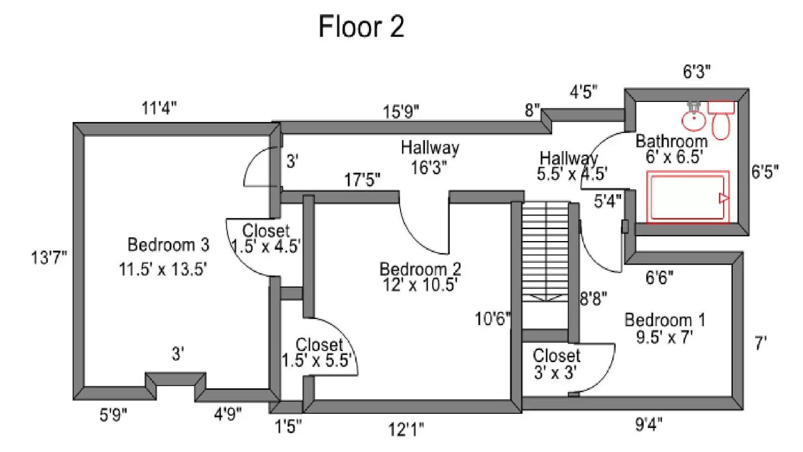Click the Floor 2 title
pyautogui.click(x=361, y=27)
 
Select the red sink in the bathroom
pyautogui.click(x=694, y=118)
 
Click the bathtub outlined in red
pyautogui.click(x=688, y=197)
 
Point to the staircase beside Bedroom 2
pyautogui.click(x=545, y=251)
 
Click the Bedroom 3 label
pyautogui.click(x=168, y=245)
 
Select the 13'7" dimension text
pyautogui.click(x=49, y=258)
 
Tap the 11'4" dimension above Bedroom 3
pyautogui.click(x=159, y=108)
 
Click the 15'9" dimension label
pyautogui.click(x=400, y=111)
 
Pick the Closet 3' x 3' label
pyautogui.click(x=556, y=364)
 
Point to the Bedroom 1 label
pyautogui.click(x=664, y=320)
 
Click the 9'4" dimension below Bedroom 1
pyautogui.click(x=648, y=425)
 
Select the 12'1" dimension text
pyautogui.click(x=406, y=430)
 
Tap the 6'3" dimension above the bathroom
pyautogui.click(x=697, y=72)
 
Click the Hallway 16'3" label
pyautogui.click(x=430, y=157)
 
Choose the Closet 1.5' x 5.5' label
pyautogui.click(x=318, y=353)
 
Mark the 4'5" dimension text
pyautogui.click(x=583, y=92)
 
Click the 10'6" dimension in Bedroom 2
pyautogui.click(x=492, y=318)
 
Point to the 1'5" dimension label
pyautogui.click(x=288, y=427)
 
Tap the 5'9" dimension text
pyautogui.click(x=113, y=415)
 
